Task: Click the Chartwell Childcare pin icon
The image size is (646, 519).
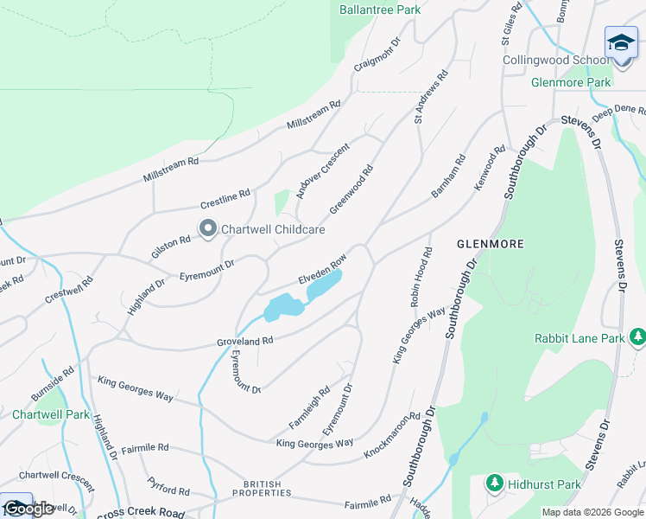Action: (x=208, y=229)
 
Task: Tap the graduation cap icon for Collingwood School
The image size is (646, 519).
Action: (x=621, y=42)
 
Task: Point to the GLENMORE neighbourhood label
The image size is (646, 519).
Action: (x=490, y=245)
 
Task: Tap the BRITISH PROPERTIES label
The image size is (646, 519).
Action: (x=267, y=488)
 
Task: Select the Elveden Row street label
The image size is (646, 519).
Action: (x=322, y=269)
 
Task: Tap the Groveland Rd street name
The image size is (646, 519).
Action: (x=244, y=342)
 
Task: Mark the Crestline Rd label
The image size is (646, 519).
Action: (x=225, y=199)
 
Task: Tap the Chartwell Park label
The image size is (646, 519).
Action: (x=51, y=415)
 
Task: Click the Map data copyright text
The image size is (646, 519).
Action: (x=592, y=512)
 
